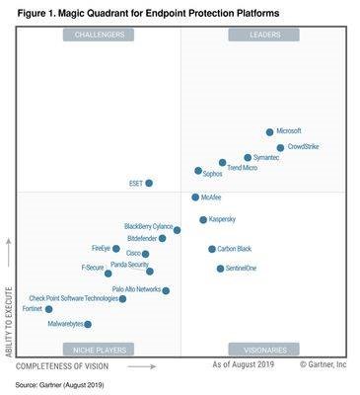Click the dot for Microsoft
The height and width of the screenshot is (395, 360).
coord(269,131)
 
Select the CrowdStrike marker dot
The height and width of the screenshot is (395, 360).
coord(280,148)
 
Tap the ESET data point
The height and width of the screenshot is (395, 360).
coord(149,183)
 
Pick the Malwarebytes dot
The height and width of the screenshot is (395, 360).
coord(88,324)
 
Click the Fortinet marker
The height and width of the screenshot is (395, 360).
coord(49,309)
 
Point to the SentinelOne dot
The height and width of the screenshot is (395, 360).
coord(220,268)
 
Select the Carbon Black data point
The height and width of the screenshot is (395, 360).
coord(211,249)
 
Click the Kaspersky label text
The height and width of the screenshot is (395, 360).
coord(222,219)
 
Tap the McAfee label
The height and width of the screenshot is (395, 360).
coord(211,197)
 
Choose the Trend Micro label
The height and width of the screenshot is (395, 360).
coord(242,169)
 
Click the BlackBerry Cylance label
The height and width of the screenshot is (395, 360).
coord(148,226)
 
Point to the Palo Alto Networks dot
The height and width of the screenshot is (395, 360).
coord(166,290)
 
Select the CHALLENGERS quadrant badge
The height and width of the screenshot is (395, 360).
coord(99,35)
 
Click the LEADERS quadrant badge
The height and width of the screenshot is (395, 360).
coord(263,35)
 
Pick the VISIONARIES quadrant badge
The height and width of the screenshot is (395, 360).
coord(263,349)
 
